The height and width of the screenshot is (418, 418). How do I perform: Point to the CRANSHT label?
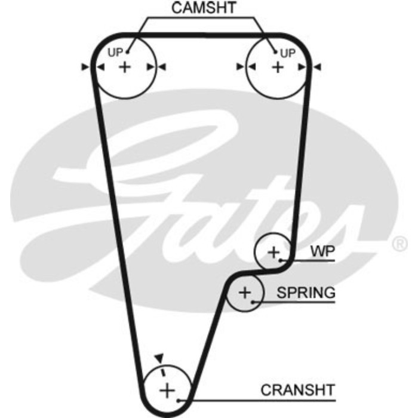pyautogui.click(x=298, y=390)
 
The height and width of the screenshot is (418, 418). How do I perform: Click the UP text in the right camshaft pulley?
pyautogui.click(x=288, y=53)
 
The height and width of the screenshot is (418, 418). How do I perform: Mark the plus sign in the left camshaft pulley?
pyautogui.click(x=124, y=67)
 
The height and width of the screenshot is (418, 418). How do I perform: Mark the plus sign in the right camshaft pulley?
pyautogui.click(x=277, y=67)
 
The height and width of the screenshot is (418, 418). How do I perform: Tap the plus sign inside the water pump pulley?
pyautogui.click(x=273, y=253)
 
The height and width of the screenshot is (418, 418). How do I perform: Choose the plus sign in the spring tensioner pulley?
pyautogui.click(x=245, y=293)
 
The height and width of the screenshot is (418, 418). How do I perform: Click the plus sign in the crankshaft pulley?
pyautogui.click(x=167, y=391)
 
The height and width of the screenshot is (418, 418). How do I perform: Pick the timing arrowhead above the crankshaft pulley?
pyautogui.click(x=158, y=358)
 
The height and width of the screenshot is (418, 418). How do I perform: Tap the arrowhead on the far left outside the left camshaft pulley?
pyautogui.click(x=85, y=67)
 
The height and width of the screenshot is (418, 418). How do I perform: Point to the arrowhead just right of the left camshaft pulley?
pyautogui.click(x=162, y=67)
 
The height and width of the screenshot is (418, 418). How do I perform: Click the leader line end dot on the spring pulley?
pyautogui.click(x=254, y=302)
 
